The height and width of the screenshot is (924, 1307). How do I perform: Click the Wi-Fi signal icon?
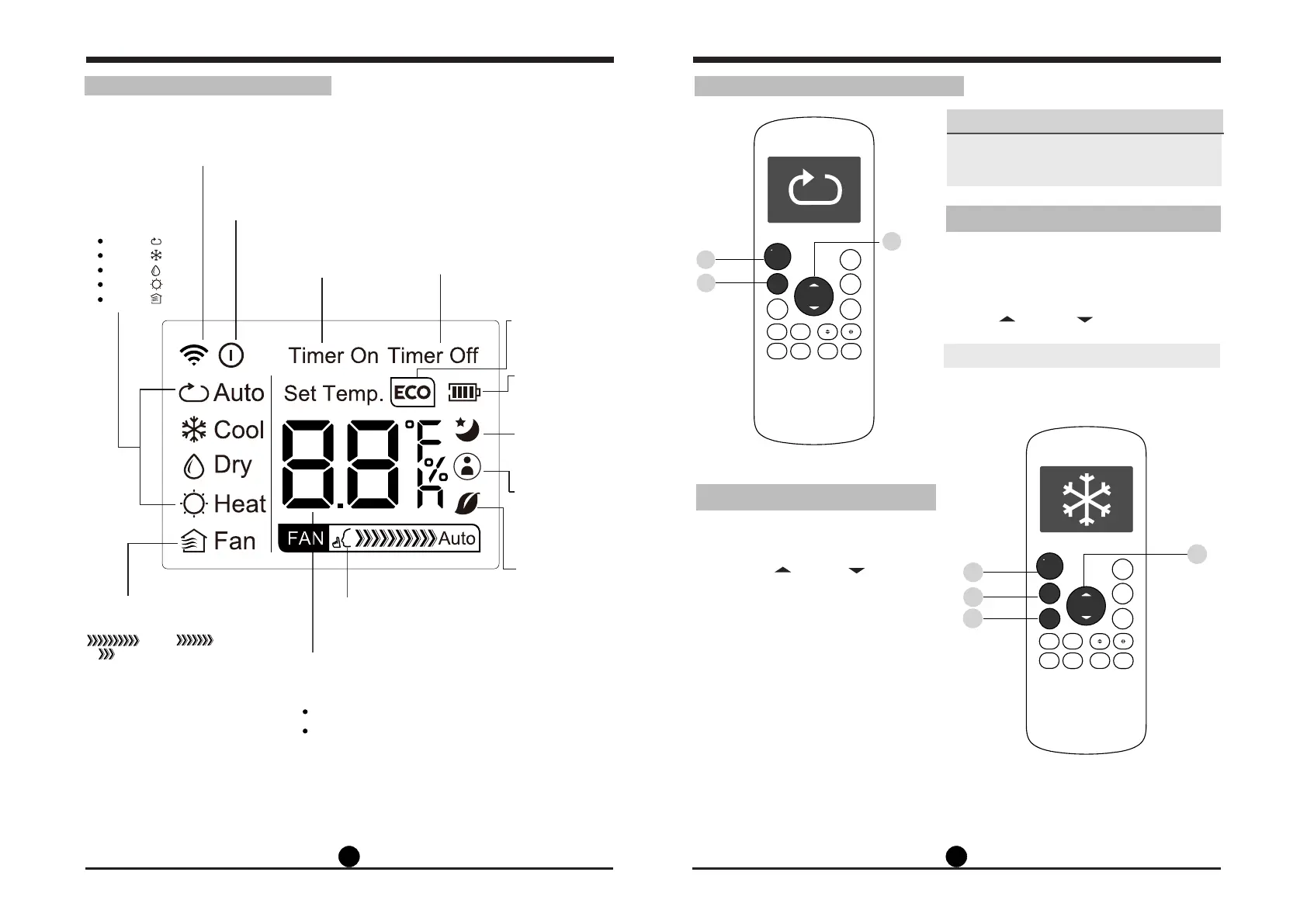(x=193, y=355)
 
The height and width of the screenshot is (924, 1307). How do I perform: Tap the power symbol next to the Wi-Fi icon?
(x=231, y=355)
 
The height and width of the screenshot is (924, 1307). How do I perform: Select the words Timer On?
(x=333, y=355)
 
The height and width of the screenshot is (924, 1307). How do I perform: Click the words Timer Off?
(x=433, y=355)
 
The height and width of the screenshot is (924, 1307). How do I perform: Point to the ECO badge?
(x=412, y=393)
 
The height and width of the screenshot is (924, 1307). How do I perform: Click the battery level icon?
(x=464, y=393)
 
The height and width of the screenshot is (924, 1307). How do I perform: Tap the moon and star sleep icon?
(x=467, y=429)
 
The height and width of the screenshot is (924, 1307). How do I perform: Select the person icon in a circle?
(x=467, y=466)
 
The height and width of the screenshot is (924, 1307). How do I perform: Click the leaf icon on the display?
(x=467, y=504)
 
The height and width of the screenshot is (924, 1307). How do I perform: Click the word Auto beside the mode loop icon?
(x=239, y=393)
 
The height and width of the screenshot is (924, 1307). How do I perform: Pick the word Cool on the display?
(x=239, y=430)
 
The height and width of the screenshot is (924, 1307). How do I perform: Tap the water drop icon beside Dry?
(x=193, y=465)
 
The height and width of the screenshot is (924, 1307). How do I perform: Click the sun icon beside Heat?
(x=193, y=504)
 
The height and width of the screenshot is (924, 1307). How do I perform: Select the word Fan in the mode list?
(x=234, y=541)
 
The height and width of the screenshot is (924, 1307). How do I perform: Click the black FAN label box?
(x=305, y=538)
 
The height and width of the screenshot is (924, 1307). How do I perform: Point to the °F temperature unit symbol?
(x=424, y=435)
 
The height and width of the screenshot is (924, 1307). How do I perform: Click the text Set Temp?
(x=334, y=393)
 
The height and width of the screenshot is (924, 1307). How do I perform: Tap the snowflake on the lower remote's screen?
(x=1086, y=498)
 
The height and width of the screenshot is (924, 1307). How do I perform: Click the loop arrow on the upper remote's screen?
(x=814, y=189)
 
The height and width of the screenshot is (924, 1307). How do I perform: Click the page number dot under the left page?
(x=349, y=856)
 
